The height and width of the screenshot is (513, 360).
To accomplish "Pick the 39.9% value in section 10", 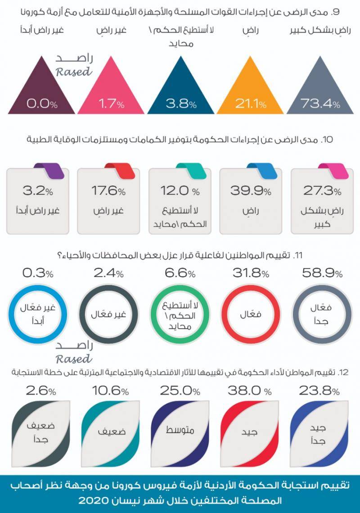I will (251, 191).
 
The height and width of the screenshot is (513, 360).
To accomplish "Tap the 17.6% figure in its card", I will (108, 191).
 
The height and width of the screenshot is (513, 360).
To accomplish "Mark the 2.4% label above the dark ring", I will (108, 273).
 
